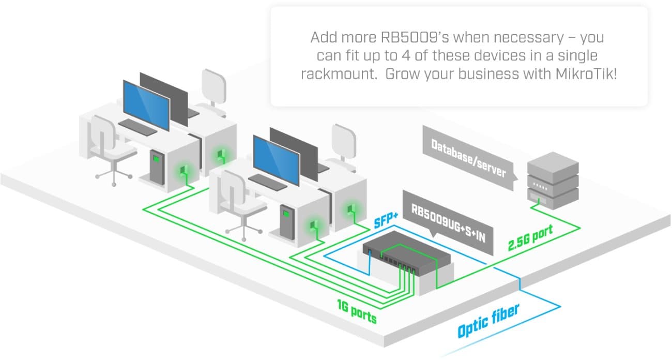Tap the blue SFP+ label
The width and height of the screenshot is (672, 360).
pos(386,221)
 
